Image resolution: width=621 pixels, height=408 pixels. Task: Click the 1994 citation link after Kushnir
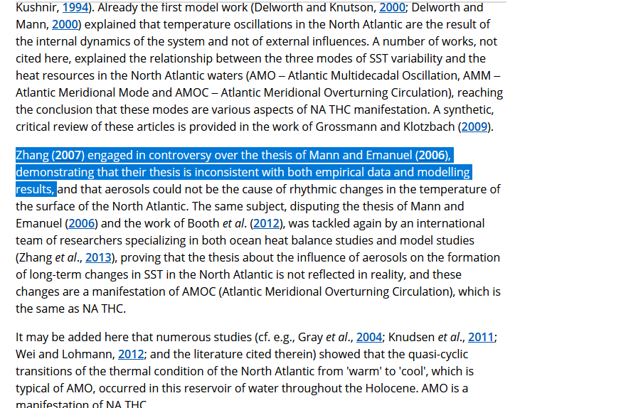click(75, 8)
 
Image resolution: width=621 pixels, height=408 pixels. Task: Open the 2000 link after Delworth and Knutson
click(393, 8)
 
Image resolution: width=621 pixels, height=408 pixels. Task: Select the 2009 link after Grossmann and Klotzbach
click(475, 127)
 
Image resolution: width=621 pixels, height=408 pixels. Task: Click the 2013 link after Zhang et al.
click(98, 257)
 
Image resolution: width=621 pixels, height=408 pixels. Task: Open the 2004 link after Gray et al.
click(369, 338)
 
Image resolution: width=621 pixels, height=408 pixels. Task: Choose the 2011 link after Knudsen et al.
click(481, 338)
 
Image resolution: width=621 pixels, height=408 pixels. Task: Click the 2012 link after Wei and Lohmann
click(131, 355)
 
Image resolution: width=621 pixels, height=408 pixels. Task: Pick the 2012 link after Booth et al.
click(267, 223)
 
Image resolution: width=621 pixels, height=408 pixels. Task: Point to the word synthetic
click(464, 110)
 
